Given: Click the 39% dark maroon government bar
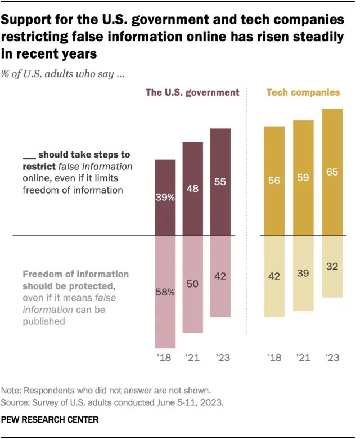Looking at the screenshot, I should [x=165, y=197].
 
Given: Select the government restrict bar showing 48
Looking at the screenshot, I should [x=192, y=189].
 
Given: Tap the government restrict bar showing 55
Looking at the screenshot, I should [x=220, y=182].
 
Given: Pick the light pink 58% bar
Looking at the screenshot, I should [x=165, y=292].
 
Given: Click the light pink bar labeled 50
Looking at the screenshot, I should [x=192, y=284].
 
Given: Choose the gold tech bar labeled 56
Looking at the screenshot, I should [x=274, y=181].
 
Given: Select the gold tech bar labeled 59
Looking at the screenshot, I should [x=303, y=178].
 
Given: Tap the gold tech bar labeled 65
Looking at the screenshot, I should [x=332, y=172].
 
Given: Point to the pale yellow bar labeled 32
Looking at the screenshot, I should [x=332, y=266].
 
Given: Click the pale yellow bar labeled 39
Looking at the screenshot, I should [x=303, y=273].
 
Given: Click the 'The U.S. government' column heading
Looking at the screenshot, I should [x=192, y=92].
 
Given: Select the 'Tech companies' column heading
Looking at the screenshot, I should [x=303, y=92].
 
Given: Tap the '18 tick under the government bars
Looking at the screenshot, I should [x=165, y=357].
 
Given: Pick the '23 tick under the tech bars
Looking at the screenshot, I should [x=332, y=357].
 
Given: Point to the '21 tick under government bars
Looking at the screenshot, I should [x=192, y=357].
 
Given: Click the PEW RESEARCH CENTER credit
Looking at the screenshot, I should [x=49, y=420].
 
